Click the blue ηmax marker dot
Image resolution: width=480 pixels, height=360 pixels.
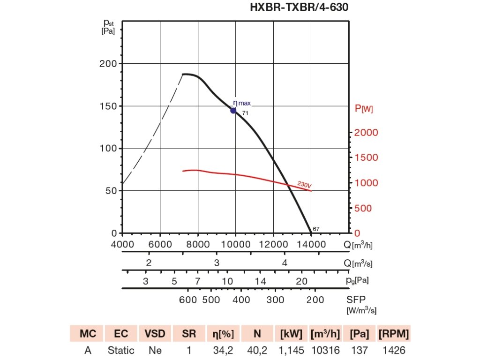click(x=233, y=111)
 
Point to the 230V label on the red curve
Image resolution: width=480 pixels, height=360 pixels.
click(x=304, y=185)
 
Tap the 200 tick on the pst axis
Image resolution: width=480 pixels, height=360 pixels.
click(x=107, y=64)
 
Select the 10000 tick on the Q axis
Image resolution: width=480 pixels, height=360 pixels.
click(x=236, y=244)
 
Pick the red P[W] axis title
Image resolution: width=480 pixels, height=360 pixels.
click(x=364, y=109)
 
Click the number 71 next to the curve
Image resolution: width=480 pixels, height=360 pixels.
click(x=245, y=113)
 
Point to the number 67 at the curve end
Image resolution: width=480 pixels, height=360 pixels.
click(x=316, y=229)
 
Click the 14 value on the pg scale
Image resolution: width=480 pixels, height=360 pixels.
click(x=261, y=281)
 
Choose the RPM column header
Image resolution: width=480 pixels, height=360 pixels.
click(x=394, y=334)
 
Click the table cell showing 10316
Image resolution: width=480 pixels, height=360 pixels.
click(x=325, y=350)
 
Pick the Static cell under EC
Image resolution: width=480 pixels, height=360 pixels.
click(x=121, y=350)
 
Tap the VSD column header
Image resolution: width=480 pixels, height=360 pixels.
click(x=155, y=334)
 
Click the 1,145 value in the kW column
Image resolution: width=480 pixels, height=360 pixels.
click(x=291, y=350)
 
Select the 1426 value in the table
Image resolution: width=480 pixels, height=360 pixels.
click(x=394, y=350)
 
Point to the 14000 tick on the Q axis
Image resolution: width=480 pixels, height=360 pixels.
click(x=312, y=244)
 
